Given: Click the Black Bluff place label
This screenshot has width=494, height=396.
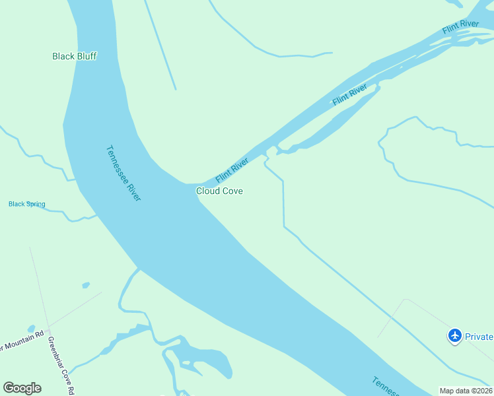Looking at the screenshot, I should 75,56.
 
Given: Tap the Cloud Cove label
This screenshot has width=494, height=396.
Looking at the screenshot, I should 219,191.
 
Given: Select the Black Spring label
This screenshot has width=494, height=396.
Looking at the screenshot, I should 27,204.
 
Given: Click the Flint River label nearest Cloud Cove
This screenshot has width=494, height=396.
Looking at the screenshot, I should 232,170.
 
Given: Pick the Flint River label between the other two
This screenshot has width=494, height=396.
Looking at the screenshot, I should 349,94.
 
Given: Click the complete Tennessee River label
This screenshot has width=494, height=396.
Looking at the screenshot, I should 123,173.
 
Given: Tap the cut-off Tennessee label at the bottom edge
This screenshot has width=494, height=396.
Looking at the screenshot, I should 384,387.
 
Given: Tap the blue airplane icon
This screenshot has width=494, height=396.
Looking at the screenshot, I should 454,336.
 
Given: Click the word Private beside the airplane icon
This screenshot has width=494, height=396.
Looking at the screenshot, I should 479,337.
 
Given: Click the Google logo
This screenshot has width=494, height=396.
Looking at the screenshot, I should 22,388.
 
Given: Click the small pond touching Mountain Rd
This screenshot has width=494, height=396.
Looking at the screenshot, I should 31,328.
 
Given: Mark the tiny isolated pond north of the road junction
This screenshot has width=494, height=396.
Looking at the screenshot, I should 85,285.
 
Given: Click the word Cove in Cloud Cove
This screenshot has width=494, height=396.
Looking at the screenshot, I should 232,191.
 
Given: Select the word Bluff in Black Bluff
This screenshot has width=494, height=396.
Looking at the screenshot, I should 86,56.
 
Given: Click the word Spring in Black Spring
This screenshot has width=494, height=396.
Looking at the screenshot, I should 36,204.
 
